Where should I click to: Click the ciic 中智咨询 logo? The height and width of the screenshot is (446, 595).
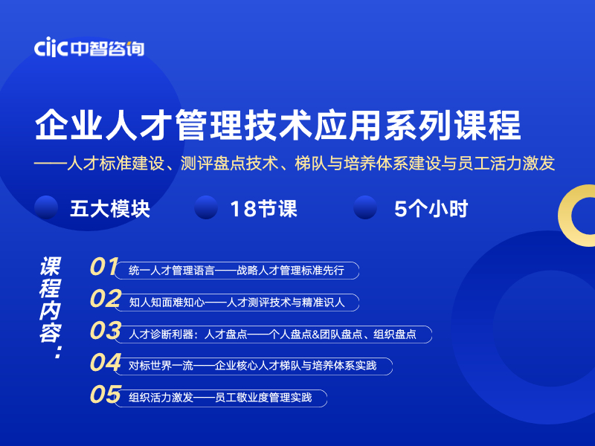(x=89, y=48)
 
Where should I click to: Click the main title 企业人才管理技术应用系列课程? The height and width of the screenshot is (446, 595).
(x=277, y=125)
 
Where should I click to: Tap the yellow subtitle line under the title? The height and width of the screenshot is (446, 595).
(x=295, y=164)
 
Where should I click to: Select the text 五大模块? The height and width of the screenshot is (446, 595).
(x=110, y=209)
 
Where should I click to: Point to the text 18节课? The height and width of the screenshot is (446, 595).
(x=264, y=209)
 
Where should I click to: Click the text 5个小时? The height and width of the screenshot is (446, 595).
(x=431, y=209)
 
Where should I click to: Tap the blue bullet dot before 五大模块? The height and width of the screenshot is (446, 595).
(x=46, y=207)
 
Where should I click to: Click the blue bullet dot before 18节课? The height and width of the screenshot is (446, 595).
(x=206, y=207)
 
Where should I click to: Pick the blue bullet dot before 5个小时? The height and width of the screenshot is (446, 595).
(x=365, y=207)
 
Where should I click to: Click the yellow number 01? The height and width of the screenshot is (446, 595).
(x=104, y=266)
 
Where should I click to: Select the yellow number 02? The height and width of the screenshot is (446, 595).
(x=106, y=299)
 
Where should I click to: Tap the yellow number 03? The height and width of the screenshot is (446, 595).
(x=106, y=330)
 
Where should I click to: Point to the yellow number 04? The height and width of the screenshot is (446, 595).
(x=106, y=362)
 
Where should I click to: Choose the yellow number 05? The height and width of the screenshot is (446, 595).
(x=106, y=394)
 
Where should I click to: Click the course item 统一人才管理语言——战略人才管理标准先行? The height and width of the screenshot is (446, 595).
(x=237, y=271)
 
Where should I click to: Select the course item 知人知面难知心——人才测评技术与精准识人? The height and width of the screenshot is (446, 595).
(x=237, y=303)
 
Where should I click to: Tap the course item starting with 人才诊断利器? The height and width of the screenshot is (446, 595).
(x=273, y=334)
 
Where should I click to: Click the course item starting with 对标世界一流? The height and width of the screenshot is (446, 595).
(x=253, y=366)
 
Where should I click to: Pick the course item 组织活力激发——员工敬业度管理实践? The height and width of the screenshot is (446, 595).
(x=220, y=398)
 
